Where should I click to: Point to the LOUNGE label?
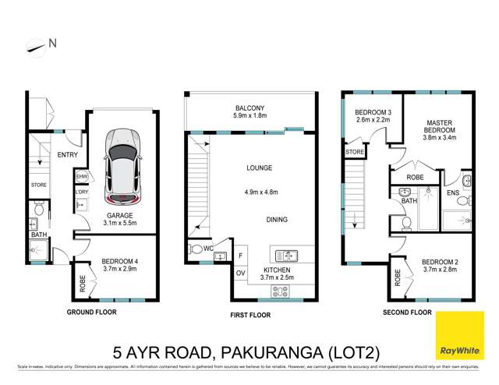click(x=251, y=166)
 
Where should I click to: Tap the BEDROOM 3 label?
click(x=371, y=113)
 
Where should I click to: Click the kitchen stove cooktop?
click(x=279, y=293)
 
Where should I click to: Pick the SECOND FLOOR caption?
click(x=406, y=312)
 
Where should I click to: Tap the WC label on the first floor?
click(x=209, y=249)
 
